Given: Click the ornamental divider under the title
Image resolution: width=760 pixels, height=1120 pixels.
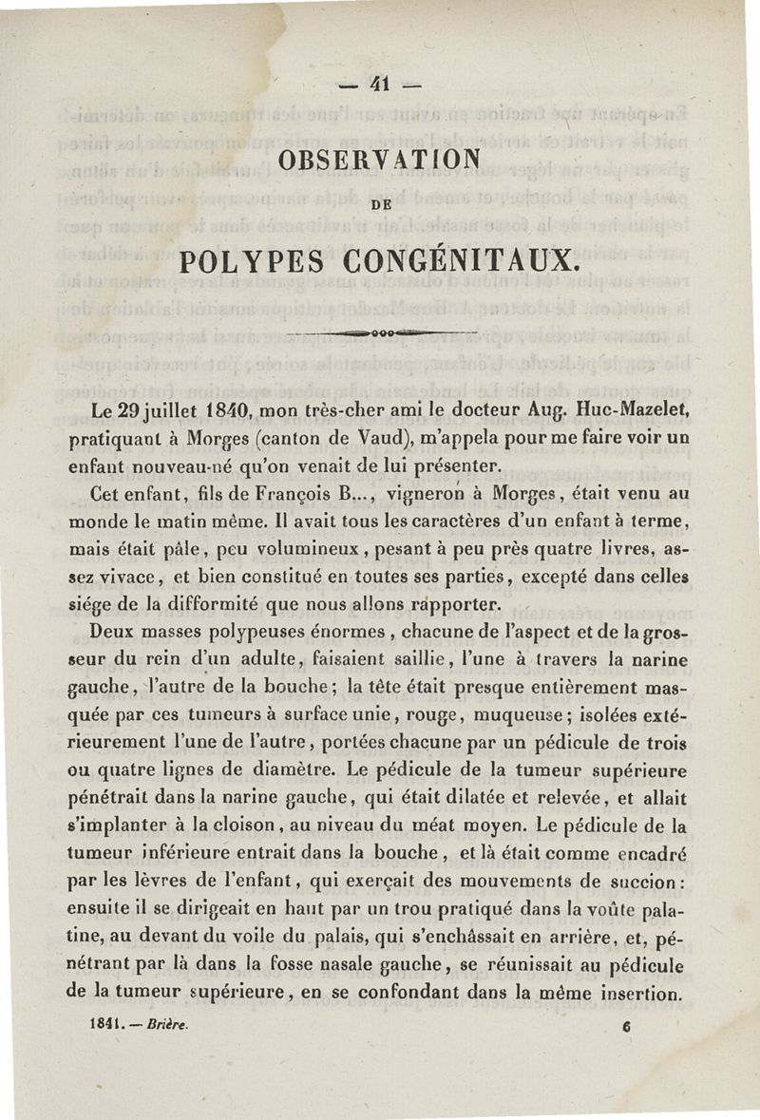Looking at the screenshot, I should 380,332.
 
